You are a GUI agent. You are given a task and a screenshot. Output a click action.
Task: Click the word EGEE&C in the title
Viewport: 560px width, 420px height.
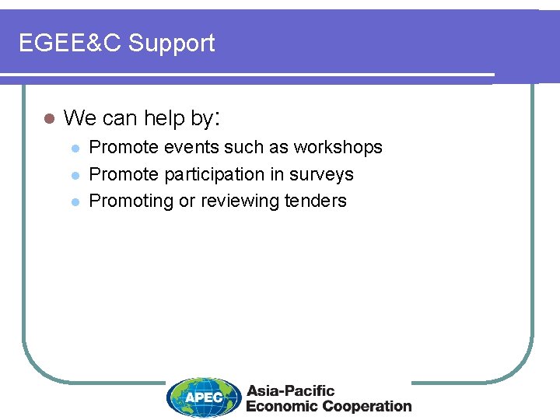(70, 44)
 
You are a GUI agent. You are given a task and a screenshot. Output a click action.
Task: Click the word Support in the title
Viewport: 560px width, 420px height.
(172, 44)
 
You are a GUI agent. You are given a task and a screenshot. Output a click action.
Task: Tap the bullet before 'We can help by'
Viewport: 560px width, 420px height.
(48, 119)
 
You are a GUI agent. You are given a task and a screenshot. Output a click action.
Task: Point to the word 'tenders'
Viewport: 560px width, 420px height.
(316, 201)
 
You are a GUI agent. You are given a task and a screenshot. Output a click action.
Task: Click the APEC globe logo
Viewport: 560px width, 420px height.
(204, 397)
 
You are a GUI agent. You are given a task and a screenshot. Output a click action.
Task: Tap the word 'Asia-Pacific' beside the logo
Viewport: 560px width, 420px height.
(290, 390)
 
